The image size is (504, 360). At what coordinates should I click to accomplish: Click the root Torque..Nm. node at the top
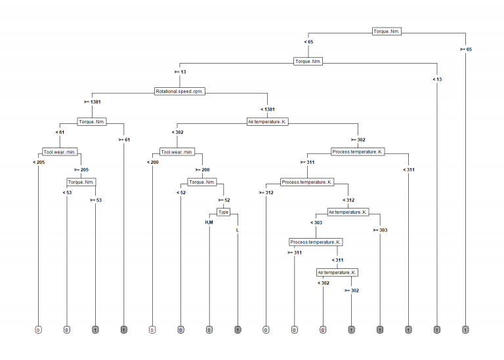pos(387,31)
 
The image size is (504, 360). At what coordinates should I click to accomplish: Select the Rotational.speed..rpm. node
pos(180,91)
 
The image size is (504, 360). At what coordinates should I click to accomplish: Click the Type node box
pos(224,212)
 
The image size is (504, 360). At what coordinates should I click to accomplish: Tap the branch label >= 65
pos(465,49)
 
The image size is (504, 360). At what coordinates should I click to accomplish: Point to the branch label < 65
pos(308,41)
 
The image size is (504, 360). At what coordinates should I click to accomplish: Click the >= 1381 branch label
pos(93,102)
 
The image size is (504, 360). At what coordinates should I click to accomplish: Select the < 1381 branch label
pos(268,109)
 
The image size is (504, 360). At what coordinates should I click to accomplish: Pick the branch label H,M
pos(209,223)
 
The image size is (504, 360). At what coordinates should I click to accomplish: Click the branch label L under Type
pos(238,230)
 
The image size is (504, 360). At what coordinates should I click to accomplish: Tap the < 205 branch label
pos(39,162)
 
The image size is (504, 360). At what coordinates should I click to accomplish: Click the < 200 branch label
pos(153,162)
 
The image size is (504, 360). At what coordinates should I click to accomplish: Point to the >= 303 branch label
pos(380,230)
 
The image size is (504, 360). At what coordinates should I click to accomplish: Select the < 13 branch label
pos(436,79)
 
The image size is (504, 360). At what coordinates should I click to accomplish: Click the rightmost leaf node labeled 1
pos(465,329)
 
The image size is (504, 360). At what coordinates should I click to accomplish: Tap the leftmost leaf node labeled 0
pos(39,329)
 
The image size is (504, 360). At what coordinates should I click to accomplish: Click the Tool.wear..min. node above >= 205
pos(60,151)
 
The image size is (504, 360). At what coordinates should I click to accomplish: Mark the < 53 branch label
pos(68,192)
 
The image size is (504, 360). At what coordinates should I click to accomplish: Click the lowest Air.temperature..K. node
pos(337,272)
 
